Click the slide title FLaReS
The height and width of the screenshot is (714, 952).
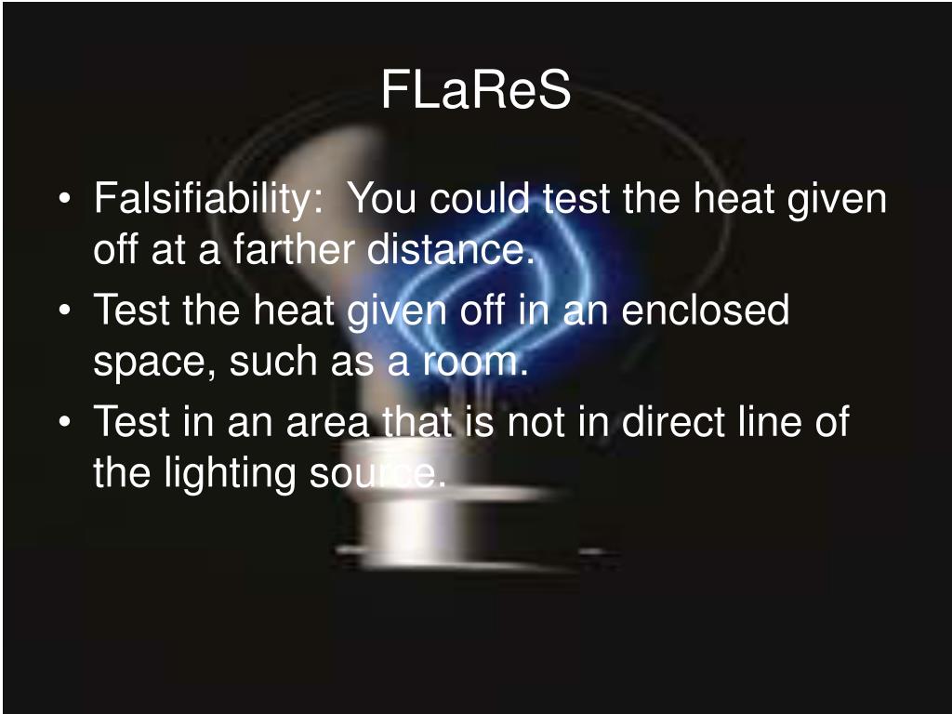click(x=475, y=91)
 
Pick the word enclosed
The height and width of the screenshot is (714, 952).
click(x=705, y=311)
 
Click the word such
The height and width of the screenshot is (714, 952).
click(x=270, y=362)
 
